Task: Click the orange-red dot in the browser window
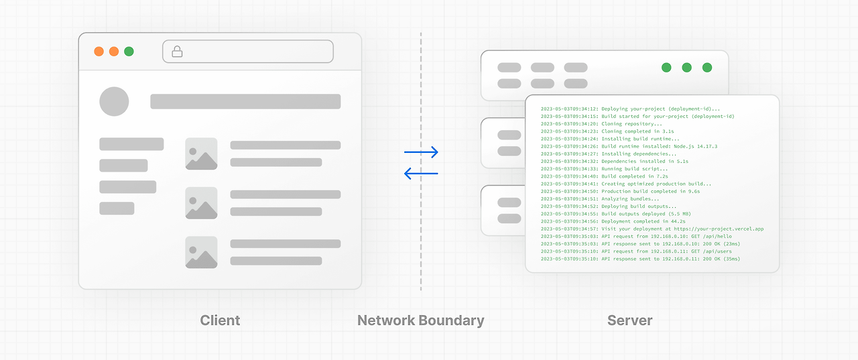click(99, 51)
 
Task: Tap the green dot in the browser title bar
click(129, 51)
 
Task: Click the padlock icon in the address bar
click(177, 51)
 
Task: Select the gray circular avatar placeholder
click(114, 101)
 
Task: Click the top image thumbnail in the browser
click(201, 154)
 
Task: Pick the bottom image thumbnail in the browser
click(201, 252)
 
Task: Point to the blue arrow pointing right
click(421, 152)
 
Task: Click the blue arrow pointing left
click(421, 174)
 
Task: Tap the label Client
click(220, 320)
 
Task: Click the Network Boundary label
click(420, 320)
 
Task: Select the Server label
click(629, 320)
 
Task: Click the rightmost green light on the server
click(707, 67)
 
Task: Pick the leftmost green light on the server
click(666, 67)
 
